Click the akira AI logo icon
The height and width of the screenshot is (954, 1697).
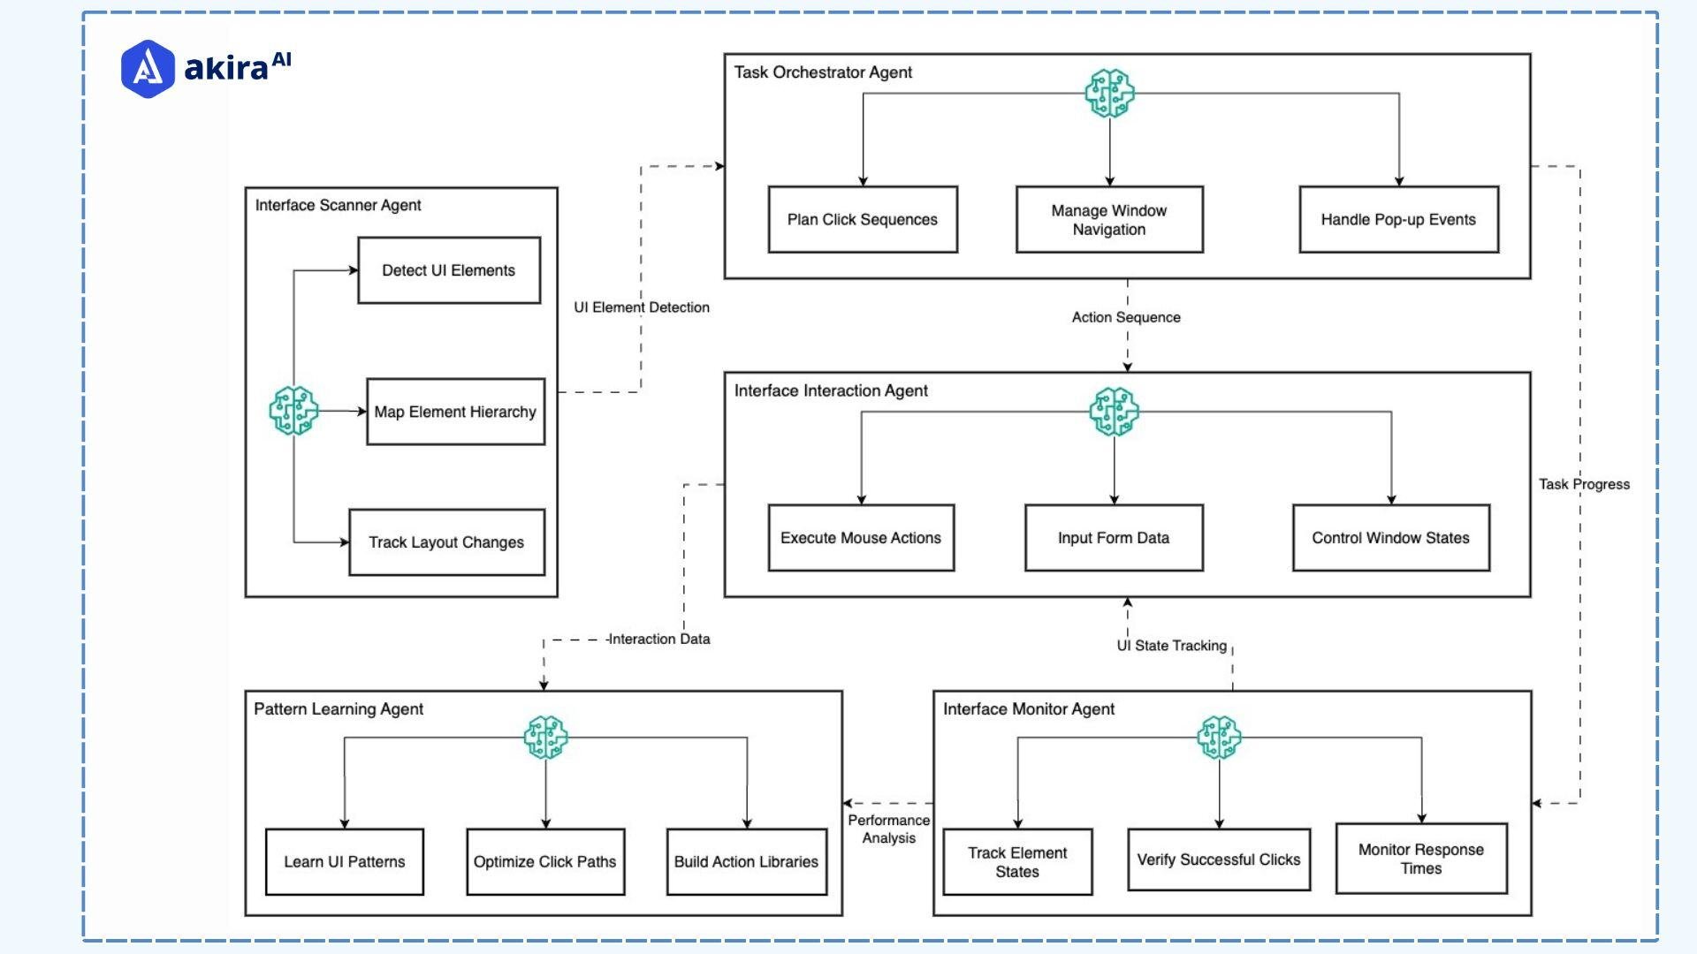[x=148, y=68]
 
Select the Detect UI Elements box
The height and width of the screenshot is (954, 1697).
[x=449, y=270]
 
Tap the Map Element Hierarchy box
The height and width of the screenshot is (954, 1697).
[x=455, y=412]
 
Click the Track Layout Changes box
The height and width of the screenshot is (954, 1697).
[x=446, y=542]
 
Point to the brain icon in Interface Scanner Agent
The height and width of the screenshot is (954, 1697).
[x=293, y=411]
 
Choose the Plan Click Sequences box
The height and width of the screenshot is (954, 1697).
[x=863, y=219]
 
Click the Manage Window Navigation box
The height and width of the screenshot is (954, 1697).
[x=1109, y=219]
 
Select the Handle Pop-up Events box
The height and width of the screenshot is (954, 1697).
[x=1398, y=219]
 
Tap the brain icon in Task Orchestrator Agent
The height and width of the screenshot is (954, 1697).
[x=1110, y=93]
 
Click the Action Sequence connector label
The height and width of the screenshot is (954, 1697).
[x=1126, y=317]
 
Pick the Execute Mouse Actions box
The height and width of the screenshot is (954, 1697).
[x=861, y=538]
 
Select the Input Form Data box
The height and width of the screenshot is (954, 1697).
[x=1114, y=538]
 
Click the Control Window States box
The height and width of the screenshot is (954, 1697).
[x=1390, y=538]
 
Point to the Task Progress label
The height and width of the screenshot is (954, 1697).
[x=1584, y=484]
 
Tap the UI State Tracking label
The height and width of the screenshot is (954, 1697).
[x=1172, y=646]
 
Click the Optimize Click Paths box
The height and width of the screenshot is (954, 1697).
[x=545, y=861]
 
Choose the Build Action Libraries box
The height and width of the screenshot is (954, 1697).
[x=746, y=861]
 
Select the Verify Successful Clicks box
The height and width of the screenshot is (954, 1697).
[x=1219, y=859]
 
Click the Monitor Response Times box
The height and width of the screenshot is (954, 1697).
[x=1421, y=859]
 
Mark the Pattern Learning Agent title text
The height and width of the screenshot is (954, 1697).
[x=339, y=709]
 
